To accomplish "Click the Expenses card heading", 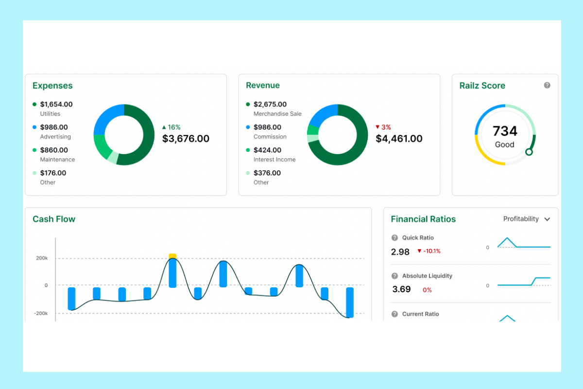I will click(x=52, y=86).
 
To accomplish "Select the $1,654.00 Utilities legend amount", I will click(x=56, y=104).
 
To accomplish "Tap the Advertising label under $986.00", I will click(x=55, y=137).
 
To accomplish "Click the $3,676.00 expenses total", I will click(x=186, y=139).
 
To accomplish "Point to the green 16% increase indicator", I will click(x=171, y=127).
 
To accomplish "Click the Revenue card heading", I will click(x=263, y=86).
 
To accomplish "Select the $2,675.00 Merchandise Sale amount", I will click(x=270, y=104).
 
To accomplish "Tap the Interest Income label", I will click(x=274, y=159).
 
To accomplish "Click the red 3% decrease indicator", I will click(x=383, y=127).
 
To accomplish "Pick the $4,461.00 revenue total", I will click(x=399, y=139).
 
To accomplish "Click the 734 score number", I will click(x=505, y=131).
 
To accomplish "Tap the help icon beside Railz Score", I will click(x=547, y=85).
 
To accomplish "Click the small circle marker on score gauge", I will click(x=529, y=152).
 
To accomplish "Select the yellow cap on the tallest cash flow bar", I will click(x=172, y=256).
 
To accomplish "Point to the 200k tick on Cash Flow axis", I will click(x=42, y=258).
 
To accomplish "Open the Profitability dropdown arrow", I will click(x=547, y=219).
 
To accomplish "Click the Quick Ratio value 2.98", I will click(x=400, y=251).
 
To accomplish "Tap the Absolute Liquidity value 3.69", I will click(x=401, y=289).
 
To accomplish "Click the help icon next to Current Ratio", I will click(x=394, y=314).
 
